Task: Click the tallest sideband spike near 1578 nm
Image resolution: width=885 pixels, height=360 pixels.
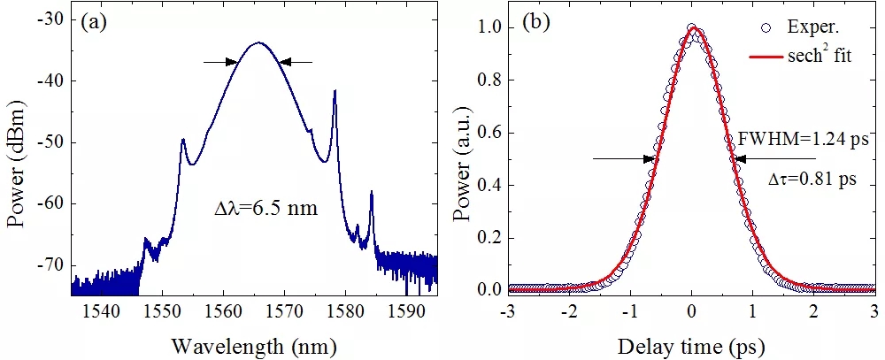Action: point(335,91)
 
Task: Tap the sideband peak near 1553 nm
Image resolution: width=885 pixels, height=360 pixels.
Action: point(182,140)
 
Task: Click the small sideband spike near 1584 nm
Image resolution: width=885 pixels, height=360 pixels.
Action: point(372,192)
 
